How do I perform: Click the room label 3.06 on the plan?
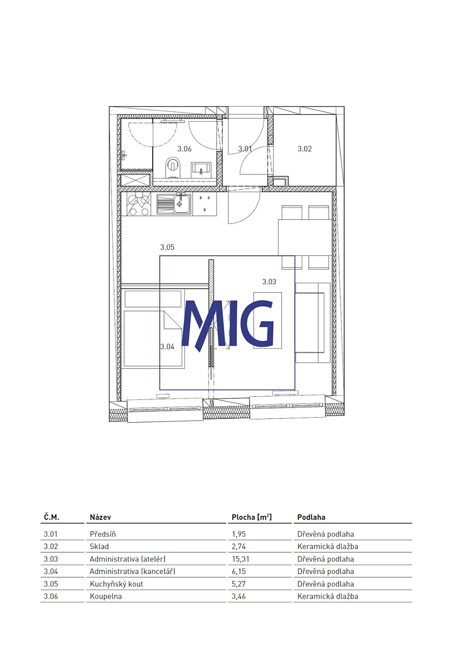tap(184, 149)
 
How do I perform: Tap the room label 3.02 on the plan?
tap(304, 149)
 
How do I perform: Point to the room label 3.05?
tap(167, 247)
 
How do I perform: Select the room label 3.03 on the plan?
tap(269, 282)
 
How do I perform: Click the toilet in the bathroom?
tap(173, 167)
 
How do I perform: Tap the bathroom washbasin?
tap(201, 168)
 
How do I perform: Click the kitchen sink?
tap(174, 204)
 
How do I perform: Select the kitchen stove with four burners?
tap(139, 204)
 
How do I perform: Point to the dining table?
tap(304, 237)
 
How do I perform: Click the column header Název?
tap(100, 517)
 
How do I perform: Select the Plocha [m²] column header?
tap(252, 517)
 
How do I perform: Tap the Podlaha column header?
tap(311, 517)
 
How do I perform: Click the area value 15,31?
tap(240, 559)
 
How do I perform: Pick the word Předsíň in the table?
tap(103, 534)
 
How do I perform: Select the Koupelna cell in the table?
tap(106, 596)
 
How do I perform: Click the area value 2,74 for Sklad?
tap(239, 546)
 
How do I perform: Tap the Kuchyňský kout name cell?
tap(116, 584)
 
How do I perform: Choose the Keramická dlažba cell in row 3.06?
tap(328, 596)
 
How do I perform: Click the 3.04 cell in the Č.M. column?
tap(51, 571)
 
